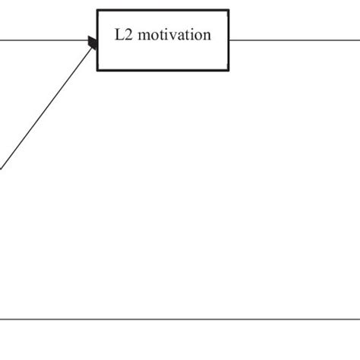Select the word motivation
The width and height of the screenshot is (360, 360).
pos(174,36)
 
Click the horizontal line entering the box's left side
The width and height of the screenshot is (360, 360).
pos(46,39)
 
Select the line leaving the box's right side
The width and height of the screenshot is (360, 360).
pos(296,39)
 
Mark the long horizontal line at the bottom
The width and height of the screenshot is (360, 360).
pos(180,319)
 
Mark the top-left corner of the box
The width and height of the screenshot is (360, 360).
pos(97,10)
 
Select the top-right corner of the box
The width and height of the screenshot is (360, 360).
pos(228,10)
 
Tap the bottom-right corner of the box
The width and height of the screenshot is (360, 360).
pos(228,70)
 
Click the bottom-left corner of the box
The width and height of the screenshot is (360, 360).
pos(97,70)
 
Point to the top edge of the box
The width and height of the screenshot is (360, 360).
pos(163,10)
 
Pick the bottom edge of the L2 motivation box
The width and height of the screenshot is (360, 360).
pos(163,70)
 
